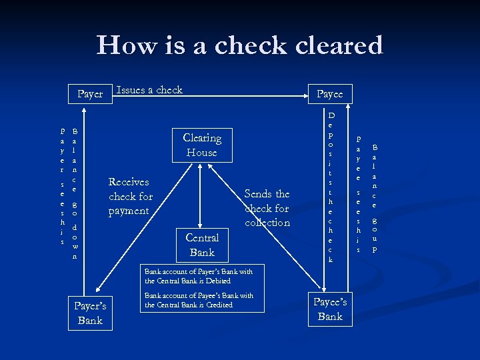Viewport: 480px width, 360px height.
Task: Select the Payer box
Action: click(90, 94)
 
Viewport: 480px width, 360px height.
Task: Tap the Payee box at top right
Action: click(329, 94)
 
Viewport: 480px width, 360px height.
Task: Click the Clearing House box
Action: click(202, 145)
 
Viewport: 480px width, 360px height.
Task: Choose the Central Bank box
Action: click(202, 245)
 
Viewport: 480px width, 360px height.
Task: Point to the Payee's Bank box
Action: click(330, 309)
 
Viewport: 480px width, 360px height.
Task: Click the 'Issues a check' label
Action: click(149, 90)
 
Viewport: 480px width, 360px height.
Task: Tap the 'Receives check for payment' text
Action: click(130, 196)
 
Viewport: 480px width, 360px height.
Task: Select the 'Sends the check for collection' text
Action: click(267, 208)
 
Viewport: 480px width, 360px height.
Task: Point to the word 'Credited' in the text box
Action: click(215, 305)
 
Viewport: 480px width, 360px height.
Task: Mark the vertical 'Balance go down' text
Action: click(75, 193)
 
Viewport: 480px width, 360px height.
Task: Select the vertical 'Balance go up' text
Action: click(375, 198)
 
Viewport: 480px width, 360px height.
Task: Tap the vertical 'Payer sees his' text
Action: click(62, 187)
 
